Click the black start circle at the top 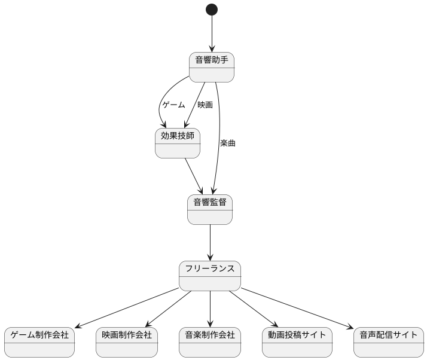[x=211, y=10]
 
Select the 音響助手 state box [x=211, y=67]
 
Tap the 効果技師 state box [x=178, y=143]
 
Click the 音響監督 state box [x=210, y=209]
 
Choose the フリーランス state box [x=210, y=276]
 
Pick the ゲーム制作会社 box [x=39, y=342]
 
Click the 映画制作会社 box [x=127, y=342]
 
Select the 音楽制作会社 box [x=210, y=342]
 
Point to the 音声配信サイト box [x=389, y=342]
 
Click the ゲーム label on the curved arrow [x=173, y=105]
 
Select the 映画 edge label [x=205, y=105]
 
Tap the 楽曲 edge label [x=227, y=143]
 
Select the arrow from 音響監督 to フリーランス [x=210, y=242]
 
